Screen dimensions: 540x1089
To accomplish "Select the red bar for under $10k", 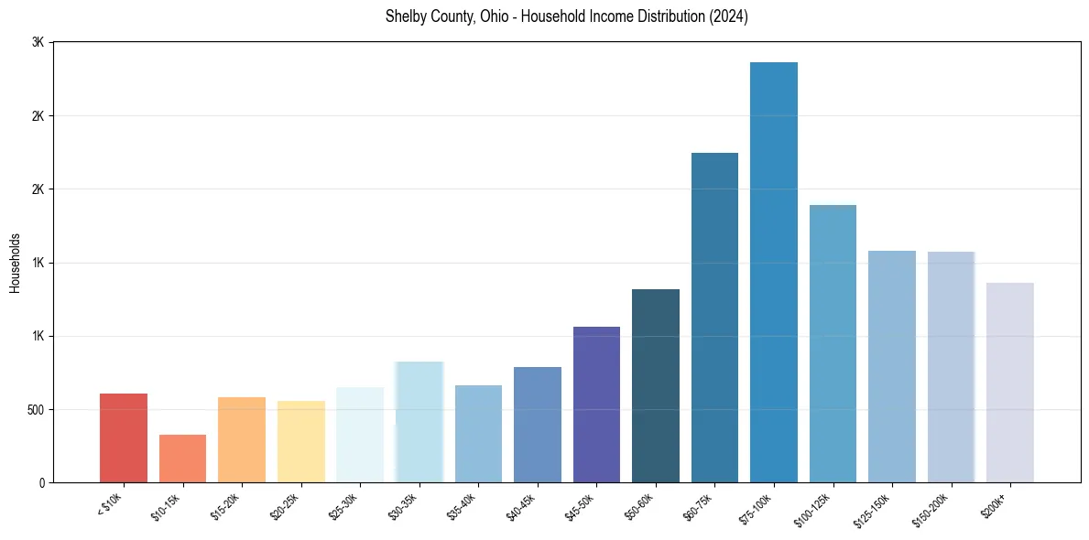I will (124, 437).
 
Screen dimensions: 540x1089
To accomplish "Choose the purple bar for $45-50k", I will (596, 405).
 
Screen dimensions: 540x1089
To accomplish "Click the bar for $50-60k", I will (656, 385).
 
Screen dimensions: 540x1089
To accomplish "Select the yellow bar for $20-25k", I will (300, 441).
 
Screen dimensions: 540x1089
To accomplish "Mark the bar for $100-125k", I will (833, 343).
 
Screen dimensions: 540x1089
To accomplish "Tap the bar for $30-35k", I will (419, 422).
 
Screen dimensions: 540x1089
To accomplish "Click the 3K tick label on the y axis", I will (38, 43).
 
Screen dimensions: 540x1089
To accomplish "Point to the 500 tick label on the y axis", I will (35, 409).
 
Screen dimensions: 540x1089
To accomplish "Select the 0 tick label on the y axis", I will (41, 482).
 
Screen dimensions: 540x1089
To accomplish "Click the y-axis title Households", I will (15, 263).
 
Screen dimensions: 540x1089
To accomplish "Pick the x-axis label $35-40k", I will (464, 507).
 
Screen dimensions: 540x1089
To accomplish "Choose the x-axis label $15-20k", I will (229, 507).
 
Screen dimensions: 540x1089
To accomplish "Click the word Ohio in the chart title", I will (491, 16).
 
